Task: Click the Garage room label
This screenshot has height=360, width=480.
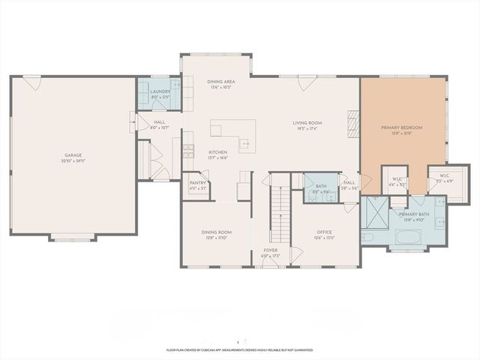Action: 73,155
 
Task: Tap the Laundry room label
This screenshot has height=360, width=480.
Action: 160,91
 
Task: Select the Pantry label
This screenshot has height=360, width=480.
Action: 197,183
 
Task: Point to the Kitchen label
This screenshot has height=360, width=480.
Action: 217,152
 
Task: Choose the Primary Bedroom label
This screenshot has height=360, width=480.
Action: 401,128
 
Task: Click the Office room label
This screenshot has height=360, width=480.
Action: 324,232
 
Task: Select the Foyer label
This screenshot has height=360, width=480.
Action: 270,250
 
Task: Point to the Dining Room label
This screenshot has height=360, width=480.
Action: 216,232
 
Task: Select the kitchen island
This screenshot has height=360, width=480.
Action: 227,131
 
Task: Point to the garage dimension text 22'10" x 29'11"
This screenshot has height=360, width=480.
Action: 73,161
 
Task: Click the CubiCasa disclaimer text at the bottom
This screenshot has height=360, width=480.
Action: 240,349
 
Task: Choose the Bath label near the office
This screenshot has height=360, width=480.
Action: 321,186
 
